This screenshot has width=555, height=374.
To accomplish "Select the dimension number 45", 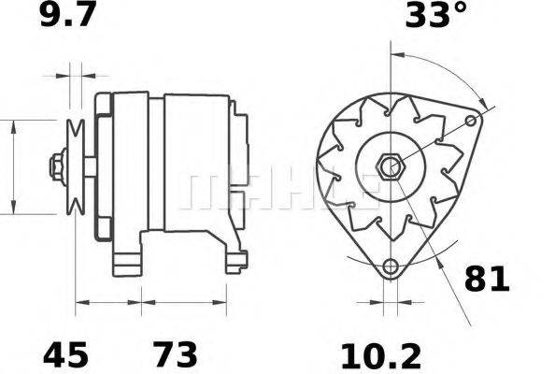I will coord(65,355).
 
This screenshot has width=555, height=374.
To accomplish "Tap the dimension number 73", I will coord(175,355).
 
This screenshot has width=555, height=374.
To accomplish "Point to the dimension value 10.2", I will coord(378,355).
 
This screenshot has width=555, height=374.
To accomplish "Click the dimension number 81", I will coord(487,279).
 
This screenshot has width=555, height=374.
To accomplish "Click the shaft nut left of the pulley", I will coord(56,166).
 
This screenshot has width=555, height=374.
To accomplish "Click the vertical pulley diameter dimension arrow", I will coord(13,166).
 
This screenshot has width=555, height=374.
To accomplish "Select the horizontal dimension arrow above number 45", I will coord(107,302).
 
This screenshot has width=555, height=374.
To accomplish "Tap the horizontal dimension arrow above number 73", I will coord(184,302).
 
